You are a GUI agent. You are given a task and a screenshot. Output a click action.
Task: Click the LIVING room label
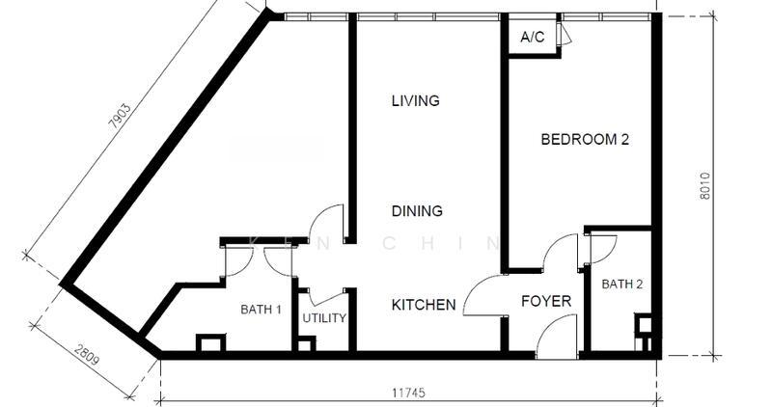point(416,101)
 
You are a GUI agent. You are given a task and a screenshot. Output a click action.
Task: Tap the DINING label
point(417,211)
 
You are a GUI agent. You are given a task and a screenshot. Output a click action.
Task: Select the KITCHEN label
point(424,305)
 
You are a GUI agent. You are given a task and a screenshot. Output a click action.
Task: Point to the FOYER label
point(546,301)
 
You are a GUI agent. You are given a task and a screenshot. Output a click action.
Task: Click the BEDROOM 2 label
point(585,139)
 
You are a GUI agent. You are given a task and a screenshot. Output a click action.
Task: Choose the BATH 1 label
point(261,310)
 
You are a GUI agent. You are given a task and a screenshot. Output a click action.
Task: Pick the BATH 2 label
point(622,284)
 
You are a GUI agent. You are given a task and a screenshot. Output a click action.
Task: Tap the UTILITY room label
point(324,318)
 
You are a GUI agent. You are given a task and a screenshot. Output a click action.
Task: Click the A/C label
point(533,37)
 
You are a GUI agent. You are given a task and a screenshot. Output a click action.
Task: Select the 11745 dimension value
point(408,393)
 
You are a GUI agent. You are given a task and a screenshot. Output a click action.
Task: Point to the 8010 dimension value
point(705,185)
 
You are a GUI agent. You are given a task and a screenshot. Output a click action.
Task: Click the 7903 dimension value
point(120,116)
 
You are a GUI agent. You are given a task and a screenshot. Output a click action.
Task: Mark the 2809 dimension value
point(87,355)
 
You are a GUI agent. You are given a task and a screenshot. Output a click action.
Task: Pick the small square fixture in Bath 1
point(210,342)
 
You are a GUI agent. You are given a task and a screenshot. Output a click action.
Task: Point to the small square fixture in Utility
point(306,343)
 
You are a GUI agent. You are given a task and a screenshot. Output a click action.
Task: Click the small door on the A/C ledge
point(565,35)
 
